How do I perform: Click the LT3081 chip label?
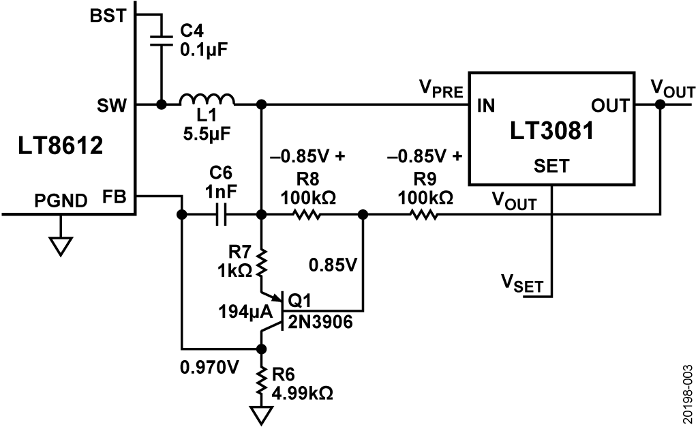coord(551,131)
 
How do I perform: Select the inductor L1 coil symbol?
coord(207,100)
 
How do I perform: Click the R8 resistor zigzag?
coord(307,215)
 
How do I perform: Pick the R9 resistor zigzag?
coord(424,215)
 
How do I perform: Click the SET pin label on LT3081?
coord(552,166)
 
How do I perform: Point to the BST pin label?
coord(108,16)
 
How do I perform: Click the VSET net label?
coord(523,284)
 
